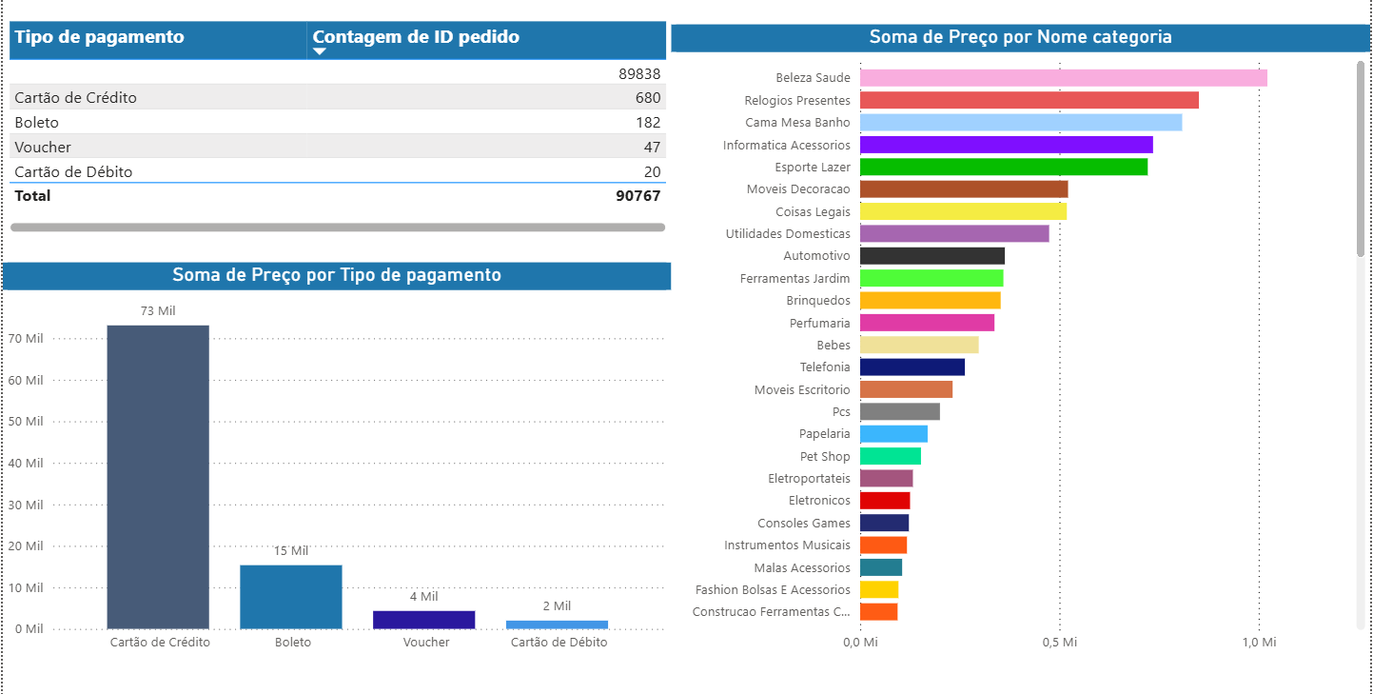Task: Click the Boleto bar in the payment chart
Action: click(290, 597)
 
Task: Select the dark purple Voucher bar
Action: click(423, 620)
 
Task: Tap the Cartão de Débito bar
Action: click(557, 625)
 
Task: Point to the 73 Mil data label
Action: click(158, 311)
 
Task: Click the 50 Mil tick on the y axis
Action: click(27, 422)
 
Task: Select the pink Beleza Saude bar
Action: click(1063, 78)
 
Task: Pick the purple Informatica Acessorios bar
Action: click(1006, 145)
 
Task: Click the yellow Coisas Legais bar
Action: click(963, 211)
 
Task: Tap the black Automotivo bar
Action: click(932, 256)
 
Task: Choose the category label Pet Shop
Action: click(825, 457)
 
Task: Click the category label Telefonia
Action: click(825, 367)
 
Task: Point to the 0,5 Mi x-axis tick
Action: click(1059, 644)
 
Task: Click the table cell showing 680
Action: click(648, 98)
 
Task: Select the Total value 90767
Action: click(637, 196)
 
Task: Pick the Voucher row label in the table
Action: click(43, 148)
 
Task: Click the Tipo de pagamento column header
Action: click(99, 37)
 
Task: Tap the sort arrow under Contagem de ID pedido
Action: click(320, 52)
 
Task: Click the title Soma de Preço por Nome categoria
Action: click(1020, 37)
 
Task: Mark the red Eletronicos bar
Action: click(885, 501)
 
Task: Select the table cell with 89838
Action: click(639, 73)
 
